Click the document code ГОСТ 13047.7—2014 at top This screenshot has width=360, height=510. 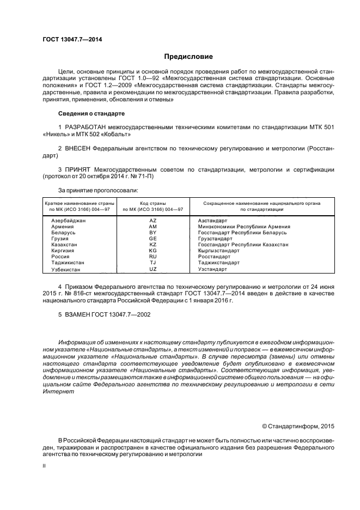point(72,40)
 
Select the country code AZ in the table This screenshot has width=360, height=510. point(153,220)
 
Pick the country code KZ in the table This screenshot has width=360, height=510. point(153,245)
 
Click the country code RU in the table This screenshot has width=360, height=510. point(153,257)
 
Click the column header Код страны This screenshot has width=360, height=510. point(153,203)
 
